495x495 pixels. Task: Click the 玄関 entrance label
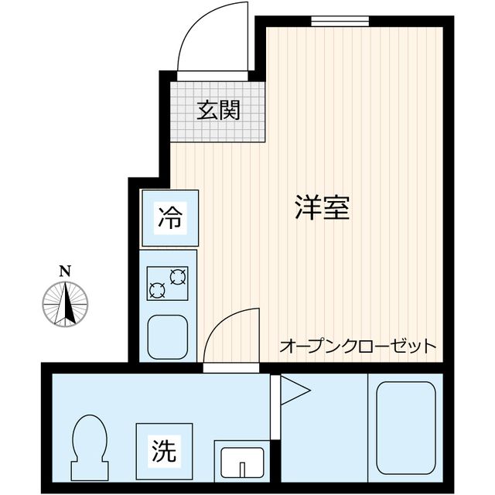[x=217, y=111]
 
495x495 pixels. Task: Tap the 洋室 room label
[x=323, y=207]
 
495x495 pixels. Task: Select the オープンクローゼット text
[x=357, y=345]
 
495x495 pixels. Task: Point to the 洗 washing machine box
[x=163, y=449]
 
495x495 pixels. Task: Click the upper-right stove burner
[x=179, y=276]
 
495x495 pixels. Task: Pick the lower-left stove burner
[x=157, y=291]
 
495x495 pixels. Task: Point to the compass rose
[x=66, y=302]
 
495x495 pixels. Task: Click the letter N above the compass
[x=66, y=271]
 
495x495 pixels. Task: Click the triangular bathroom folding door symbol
[x=291, y=389]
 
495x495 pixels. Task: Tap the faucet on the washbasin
[x=241, y=469]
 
